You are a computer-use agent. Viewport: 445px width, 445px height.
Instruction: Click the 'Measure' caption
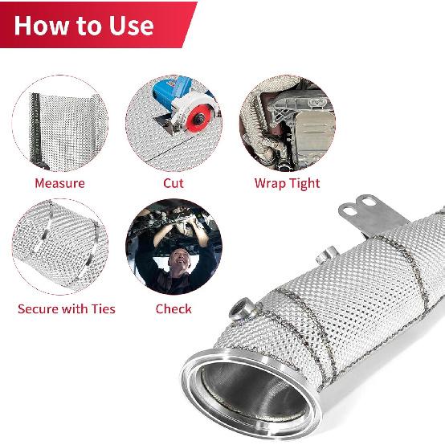[59, 183]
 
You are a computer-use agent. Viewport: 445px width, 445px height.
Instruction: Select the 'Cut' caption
[174, 183]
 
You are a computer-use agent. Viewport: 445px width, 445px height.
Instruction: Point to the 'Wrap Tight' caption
[287, 183]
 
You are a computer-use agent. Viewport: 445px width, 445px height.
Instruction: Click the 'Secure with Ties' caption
[67, 308]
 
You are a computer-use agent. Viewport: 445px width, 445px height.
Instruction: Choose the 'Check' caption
[174, 308]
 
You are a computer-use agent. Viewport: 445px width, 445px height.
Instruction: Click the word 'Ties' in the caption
[102, 308]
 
